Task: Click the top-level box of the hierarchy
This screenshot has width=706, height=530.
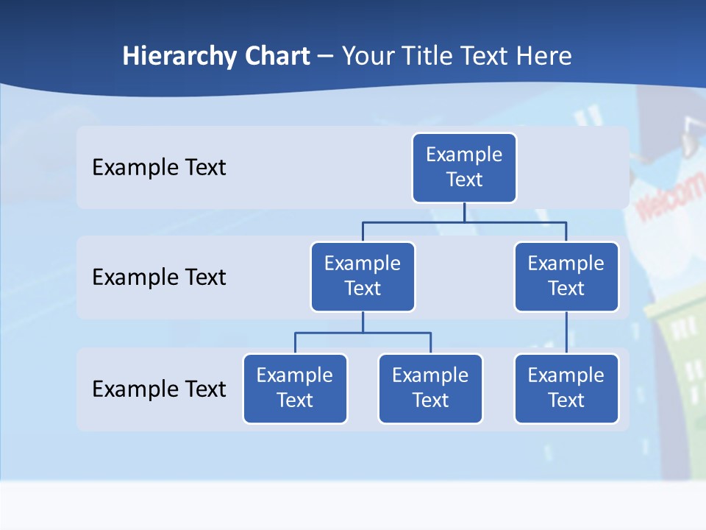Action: coord(464,168)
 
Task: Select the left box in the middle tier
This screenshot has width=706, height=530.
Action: coord(363,277)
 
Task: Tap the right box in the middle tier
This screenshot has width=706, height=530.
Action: coord(566,277)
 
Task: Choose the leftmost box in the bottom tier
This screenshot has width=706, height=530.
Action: coord(295,389)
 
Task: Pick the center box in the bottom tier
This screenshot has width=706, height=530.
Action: coord(430,389)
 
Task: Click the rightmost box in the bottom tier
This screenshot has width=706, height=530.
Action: coord(566,389)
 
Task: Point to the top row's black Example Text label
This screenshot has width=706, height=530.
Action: coord(159,168)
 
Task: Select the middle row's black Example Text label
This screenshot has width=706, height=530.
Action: coord(159,278)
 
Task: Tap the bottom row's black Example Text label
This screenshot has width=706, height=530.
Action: coord(159,389)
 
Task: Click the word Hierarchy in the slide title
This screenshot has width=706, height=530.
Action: coord(179,57)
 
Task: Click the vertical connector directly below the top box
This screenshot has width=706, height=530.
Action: coord(464,212)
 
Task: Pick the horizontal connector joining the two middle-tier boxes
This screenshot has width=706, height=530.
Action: coord(464,222)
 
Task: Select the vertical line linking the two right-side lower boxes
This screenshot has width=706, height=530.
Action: coord(566,333)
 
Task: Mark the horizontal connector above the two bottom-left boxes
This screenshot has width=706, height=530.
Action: coord(363,333)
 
